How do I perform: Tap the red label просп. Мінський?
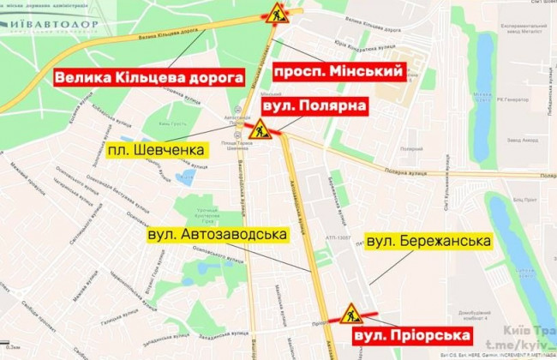pyautogui.click(x=337, y=70)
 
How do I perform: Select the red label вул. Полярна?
pyautogui.click(x=315, y=106)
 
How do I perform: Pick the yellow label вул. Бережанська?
pyautogui.click(x=428, y=242)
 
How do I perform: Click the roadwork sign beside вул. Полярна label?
pyautogui.click(x=261, y=131)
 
